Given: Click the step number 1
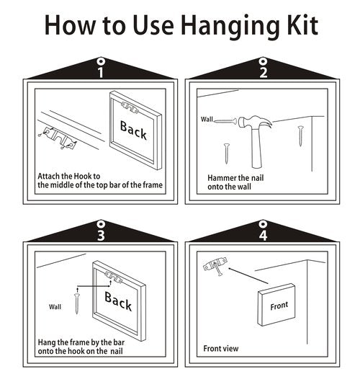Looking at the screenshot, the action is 100,72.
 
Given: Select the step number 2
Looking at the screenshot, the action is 264,72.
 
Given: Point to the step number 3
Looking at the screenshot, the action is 101,235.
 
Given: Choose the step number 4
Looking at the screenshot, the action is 263,235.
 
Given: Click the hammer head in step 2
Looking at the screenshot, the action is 255,123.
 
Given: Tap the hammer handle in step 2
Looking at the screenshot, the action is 256,148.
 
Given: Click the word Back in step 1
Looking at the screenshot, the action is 133,130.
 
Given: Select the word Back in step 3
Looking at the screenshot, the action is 118,301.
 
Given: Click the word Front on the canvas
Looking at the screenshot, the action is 279,306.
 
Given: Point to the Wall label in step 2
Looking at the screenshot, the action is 207,119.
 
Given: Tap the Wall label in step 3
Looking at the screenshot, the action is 55,307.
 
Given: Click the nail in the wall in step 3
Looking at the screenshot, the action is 77,303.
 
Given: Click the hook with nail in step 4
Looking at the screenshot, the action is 215,266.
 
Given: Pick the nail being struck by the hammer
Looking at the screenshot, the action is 225,121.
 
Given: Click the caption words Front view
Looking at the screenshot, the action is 221,349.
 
